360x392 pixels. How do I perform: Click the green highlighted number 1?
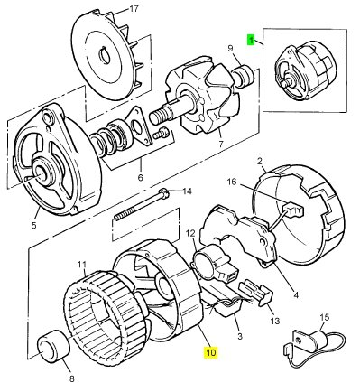coord(251,40)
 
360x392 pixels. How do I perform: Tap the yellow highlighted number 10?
coord(211,352)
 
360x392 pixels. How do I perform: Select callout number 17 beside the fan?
coord(134,9)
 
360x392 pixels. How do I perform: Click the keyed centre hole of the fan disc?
coord(105,54)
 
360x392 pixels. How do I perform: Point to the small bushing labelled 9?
coord(245,76)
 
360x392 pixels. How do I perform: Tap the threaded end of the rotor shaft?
coord(160,116)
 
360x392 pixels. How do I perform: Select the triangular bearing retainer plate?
coord(138,126)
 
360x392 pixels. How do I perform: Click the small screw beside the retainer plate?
coord(162,133)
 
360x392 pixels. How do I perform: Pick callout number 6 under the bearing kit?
coord(140,177)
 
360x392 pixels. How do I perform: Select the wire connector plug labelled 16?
coord(293,210)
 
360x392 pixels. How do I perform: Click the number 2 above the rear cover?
coord(259,162)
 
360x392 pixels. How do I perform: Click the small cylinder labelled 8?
coord(53,345)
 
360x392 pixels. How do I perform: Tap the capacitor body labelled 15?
coord(318,336)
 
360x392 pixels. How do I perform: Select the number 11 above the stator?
coord(81,265)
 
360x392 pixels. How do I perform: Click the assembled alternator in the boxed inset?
coord(305,71)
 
